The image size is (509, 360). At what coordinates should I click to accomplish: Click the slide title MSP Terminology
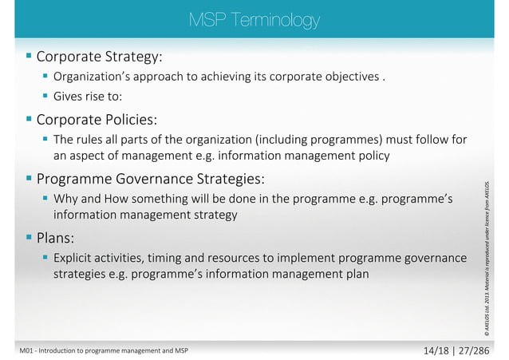pyautogui.click(x=254, y=19)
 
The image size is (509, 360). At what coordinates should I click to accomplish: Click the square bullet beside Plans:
pyautogui.click(x=29, y=237)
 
